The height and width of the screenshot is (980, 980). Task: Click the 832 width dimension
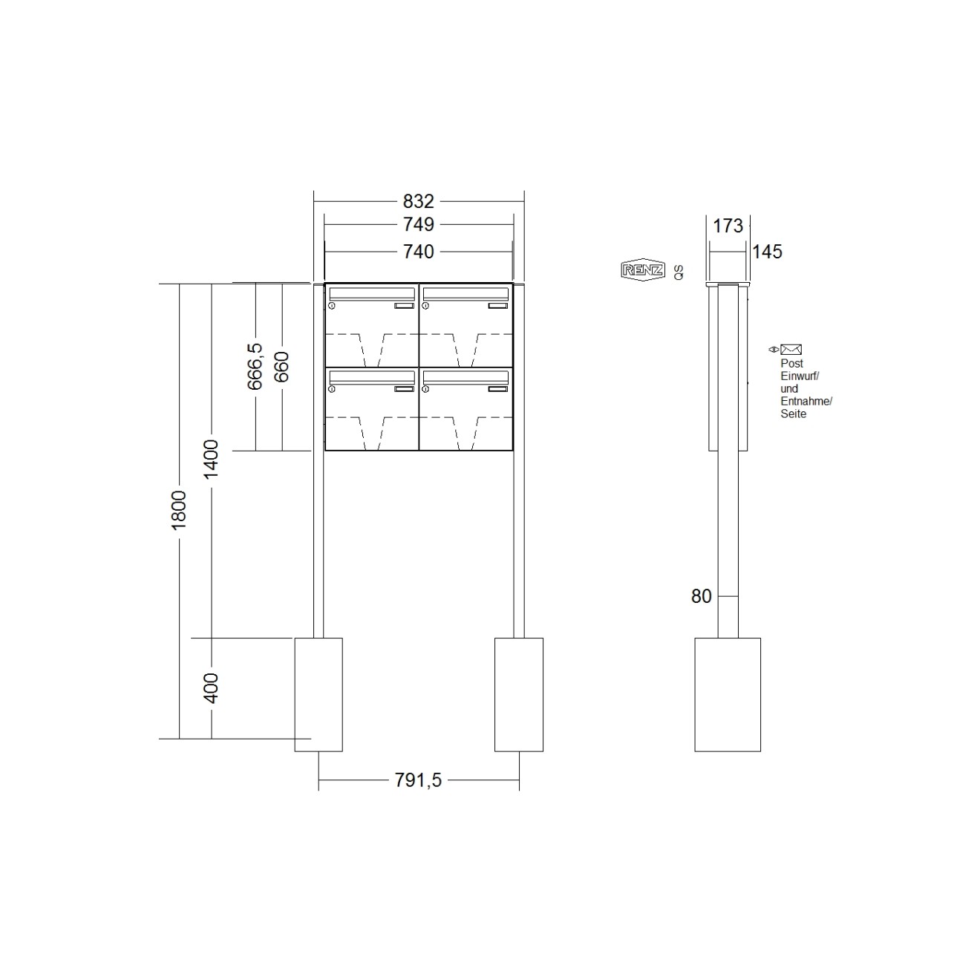[x=418, y=201]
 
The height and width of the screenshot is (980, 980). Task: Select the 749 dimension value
[x=418, y=224]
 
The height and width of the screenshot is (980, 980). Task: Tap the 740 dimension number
[x=418, y=252]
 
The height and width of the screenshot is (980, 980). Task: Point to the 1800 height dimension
[x=179, y=510]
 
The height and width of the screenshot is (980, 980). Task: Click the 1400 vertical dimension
[x=212, y=460]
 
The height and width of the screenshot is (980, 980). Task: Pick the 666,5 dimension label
[x=255, y=366]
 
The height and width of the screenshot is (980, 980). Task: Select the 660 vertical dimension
[x=281, y=367]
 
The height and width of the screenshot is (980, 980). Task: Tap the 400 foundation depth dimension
[x=212, y=688]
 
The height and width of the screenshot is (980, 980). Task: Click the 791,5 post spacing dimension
[x=418, y=780]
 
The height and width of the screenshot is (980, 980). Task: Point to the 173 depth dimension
[x=728, y=226]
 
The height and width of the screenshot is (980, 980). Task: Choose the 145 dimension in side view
[x=767, y=252]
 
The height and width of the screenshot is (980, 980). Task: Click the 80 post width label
[x=702, y=596]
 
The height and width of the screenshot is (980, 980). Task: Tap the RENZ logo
[x=642, y=270]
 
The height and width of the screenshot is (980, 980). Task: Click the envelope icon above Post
[x=791, y=350]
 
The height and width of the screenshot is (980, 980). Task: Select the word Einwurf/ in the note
[x=800, y=376]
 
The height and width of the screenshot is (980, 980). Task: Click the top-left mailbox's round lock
[x=332, y=306]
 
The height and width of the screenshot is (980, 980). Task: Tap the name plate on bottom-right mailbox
[x=499, y=388]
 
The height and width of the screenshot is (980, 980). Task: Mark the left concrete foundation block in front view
[x=318, y=694]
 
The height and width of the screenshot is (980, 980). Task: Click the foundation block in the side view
[x=728, y=694]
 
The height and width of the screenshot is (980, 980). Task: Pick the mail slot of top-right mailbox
[x=465, y=293]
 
